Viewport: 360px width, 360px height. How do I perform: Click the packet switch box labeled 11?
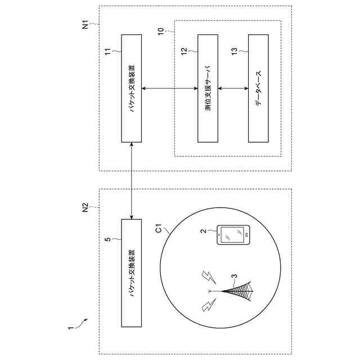pyautogui.click(x=132, y=88)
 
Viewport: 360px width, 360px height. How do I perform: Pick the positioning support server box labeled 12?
pyautogui.click(x=208, y=88)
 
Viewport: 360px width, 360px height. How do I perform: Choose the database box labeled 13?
pyautogui.click(x=258, y=88)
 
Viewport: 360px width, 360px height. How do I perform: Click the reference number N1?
pyautogui.click(x=85, y=25)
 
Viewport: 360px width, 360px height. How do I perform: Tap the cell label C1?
pyautogui.click(x=159, y=229)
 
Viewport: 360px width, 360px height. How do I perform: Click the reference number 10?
pyautogui.click(x=161, y=32)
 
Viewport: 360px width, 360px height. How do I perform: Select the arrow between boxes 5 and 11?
pyautogui.click(x=132, y=181)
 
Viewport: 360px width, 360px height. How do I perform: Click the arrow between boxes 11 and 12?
pyautogui.click(x=170, y=88)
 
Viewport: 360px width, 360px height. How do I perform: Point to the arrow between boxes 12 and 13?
pyautogui.click(x=233, y=88)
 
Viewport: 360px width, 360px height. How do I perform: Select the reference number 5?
pyautogui.click(x=109, y=239)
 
